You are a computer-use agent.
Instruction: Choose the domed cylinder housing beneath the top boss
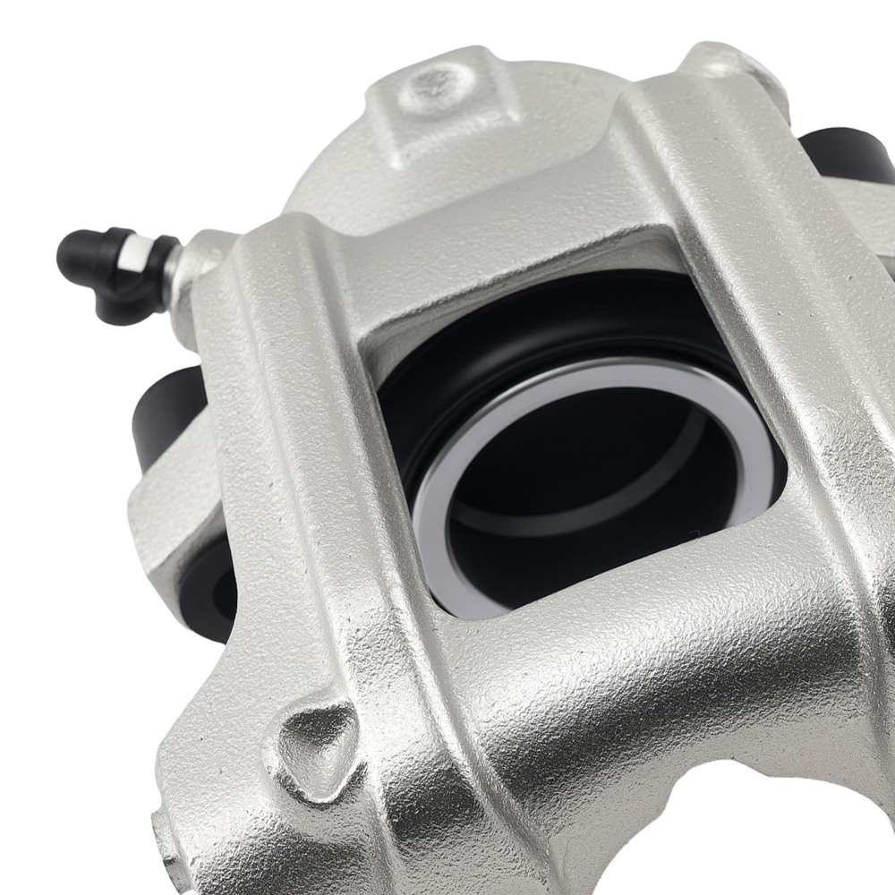[x=358, y=179]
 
